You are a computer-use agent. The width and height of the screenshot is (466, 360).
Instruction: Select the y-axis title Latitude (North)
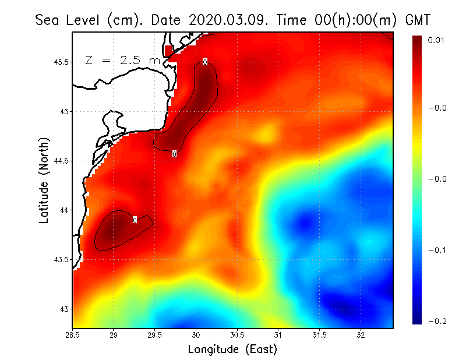(x=44, y=180)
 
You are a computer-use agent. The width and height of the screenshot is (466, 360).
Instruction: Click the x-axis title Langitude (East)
(x=232, y=350)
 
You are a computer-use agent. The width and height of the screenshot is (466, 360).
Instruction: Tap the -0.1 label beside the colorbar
(x=437, y=250)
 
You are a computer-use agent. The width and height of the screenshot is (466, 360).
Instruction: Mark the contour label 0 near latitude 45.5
(x=205, y=62)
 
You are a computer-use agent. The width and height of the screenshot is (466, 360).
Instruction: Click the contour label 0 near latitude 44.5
(x=174, y=154)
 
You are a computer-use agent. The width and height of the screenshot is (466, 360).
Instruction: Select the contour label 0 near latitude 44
(x=135, y=220)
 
